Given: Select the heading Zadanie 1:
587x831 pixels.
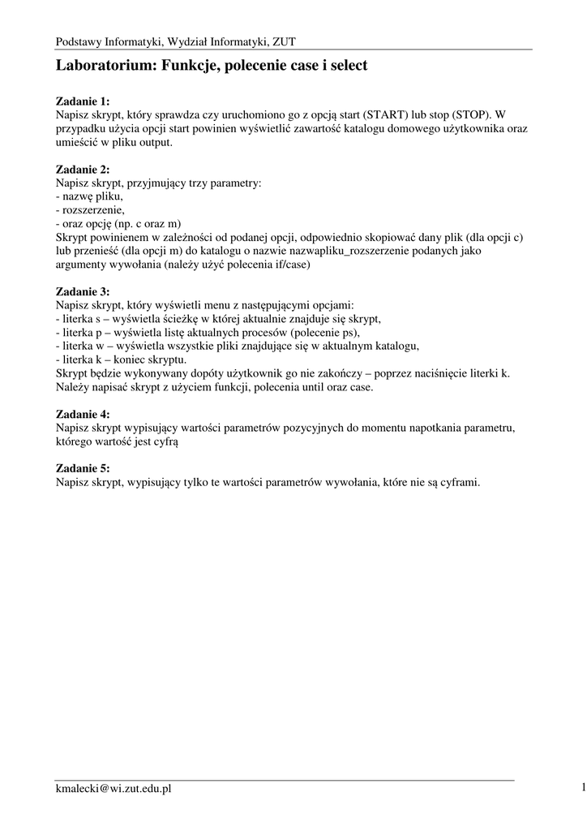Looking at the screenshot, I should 82,101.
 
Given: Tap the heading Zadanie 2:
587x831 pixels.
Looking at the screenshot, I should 82,170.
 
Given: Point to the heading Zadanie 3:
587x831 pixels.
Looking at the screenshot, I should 82,292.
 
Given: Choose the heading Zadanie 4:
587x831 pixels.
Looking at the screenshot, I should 82,414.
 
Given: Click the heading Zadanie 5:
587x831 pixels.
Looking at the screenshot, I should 82,468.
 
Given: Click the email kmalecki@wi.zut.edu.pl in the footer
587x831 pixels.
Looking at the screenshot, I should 113,788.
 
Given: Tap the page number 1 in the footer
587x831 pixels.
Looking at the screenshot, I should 582,786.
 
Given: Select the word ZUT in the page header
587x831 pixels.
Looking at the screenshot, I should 284,41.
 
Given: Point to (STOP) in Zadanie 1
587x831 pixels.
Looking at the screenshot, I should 470,115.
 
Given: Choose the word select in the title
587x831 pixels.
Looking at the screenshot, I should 347,66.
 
